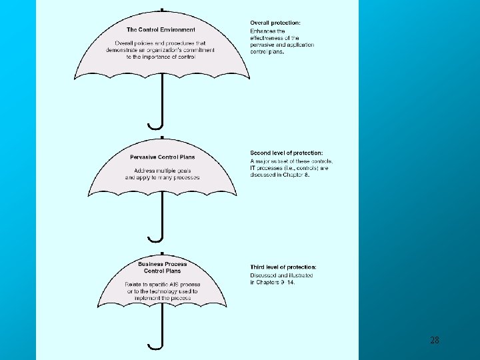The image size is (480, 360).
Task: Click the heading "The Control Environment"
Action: click(161, 29)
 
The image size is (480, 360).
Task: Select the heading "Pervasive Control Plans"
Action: click(163, 157)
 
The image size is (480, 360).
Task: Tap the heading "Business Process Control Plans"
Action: click(163, 267)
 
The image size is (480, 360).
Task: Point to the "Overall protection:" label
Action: click(275, 23)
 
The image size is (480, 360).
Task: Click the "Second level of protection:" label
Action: click(287, 153)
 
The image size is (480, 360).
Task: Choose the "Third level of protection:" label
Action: click(283, 267)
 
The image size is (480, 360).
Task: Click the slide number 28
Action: click(435, 341)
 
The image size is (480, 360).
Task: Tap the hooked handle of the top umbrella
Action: click(155, 125)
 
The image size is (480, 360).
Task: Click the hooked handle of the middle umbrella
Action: click(155, 237)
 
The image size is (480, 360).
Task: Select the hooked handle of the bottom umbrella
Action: click(155, 345)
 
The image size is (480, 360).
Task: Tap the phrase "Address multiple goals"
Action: click(163, 171)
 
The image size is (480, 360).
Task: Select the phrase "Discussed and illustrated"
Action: click(273, 275)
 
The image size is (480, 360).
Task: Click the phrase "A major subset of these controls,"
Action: click(291, 161)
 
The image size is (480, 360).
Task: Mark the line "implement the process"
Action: click(162, 298)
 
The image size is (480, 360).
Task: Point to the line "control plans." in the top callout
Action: click(267, 52)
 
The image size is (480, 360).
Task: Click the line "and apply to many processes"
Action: click(163, 178)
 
